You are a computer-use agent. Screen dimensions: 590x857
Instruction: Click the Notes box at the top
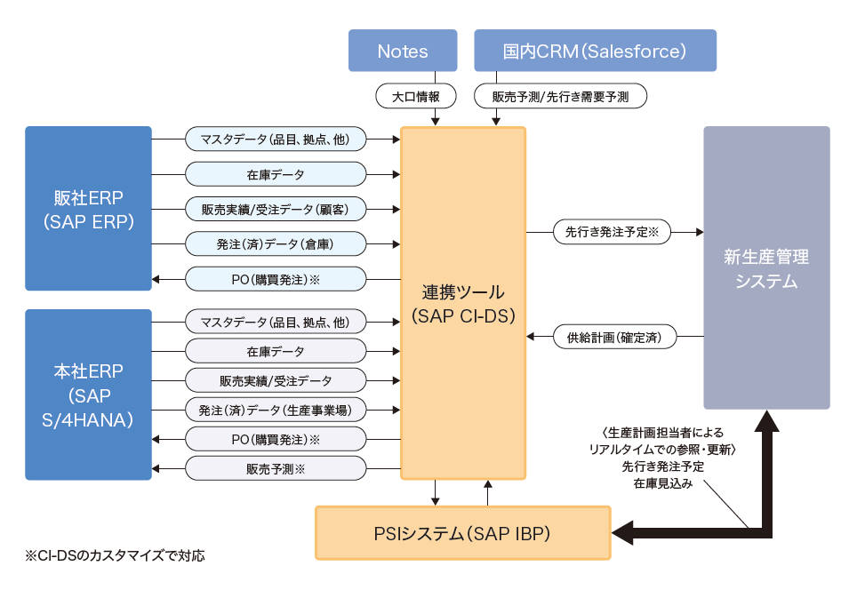click(402, 51)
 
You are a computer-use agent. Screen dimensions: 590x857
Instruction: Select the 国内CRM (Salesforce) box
click(595, 51)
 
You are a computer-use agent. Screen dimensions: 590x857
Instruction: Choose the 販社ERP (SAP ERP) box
click(88, 208)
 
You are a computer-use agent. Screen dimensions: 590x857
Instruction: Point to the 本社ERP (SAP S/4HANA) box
click(88, 395)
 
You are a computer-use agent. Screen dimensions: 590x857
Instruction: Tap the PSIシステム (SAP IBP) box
click(463, 533)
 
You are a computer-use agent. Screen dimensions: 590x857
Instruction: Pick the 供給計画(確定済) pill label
click(614, 337)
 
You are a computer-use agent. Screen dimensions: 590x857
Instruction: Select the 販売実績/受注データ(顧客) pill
click(276, 209)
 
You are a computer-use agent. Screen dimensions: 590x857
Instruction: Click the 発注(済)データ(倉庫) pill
click(276, 243)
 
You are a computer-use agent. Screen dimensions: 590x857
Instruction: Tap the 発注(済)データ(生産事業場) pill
click(276, 411)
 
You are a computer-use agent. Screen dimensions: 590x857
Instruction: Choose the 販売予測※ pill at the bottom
click(276, 468)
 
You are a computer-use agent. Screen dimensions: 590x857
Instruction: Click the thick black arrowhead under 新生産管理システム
click(766, 421)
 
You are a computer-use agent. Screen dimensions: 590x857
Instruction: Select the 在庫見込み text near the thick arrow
click(658, 484)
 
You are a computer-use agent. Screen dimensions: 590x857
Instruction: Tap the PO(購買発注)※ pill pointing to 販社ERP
click(276, 279)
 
